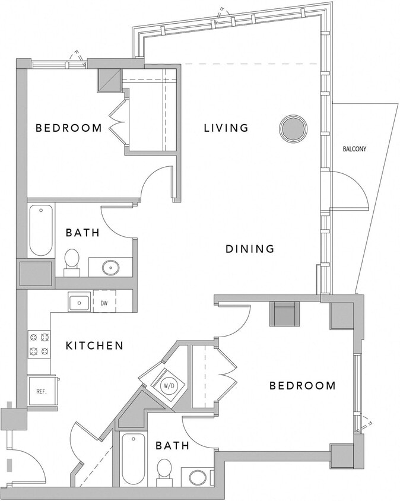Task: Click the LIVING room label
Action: pos(226,128)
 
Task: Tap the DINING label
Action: pos(250,249)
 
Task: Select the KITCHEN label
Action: pos(94,345)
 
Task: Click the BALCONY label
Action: pos(354,149)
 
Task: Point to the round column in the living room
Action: pos(293,128)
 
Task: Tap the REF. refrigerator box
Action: pos(41,391)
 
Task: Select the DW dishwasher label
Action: pos(103,303)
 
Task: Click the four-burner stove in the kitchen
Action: pos(39,344)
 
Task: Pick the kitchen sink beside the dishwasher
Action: pos(79,303)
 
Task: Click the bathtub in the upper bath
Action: pos(41,230)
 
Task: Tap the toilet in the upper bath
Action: pos(72,261)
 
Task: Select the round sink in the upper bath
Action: pos(110,267)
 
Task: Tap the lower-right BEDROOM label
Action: pos(303,386)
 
